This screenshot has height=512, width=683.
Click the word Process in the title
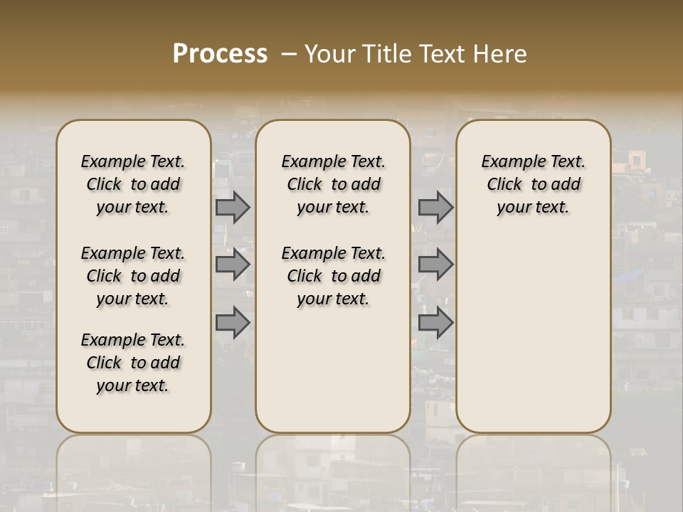[x=220, y=54]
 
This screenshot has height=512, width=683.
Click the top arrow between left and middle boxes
[x=233, y=207]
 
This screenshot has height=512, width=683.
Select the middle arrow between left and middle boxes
[x=233, y=265]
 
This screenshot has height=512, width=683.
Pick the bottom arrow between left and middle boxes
[x=233, y=322]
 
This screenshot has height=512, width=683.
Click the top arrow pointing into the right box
[x=435, y=207]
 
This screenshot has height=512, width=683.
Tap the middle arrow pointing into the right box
[x=435, y=265]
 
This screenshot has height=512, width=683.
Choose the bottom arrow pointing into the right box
[x=435, y=322]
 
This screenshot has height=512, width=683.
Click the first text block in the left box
[x=133, y=184]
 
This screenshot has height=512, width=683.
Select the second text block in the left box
[x=133, y=276]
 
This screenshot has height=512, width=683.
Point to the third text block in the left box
[x=133, y=363]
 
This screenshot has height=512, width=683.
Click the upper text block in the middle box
[x=334, y=184]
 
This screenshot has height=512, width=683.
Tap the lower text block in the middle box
[x=334, y=276]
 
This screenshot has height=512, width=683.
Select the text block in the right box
[x=534, y=184]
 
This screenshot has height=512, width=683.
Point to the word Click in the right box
[x=504, y=185]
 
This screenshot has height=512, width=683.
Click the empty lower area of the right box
[x=534, y=327]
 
